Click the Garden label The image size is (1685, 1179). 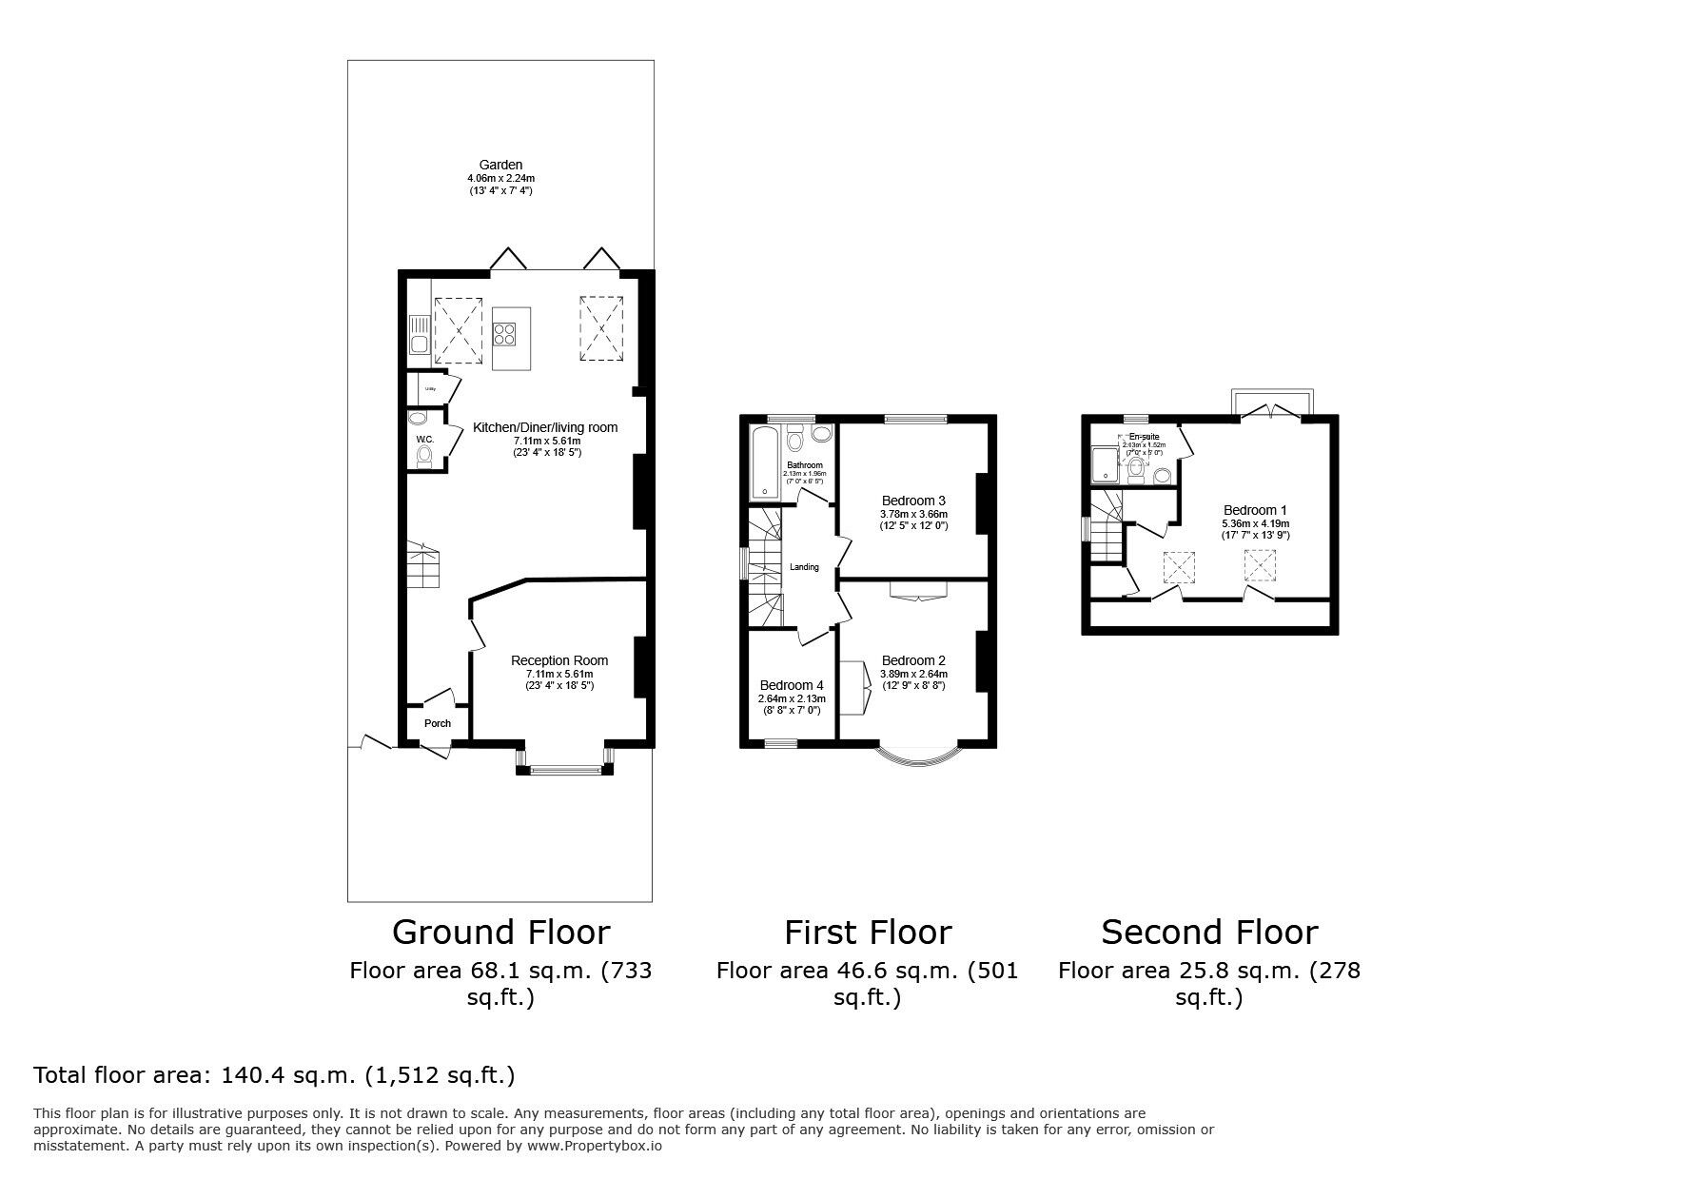pyautogui.click(x=500, y=165)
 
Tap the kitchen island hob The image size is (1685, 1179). pyautogui.click(x=505, y=334)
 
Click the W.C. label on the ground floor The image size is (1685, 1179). pyautogui.click(x=424, y=439)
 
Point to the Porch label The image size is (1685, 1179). pyautogui.click(x=438, y=723)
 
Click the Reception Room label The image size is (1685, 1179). pyautogui.click(x=558, y=660)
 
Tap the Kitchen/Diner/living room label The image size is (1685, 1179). pyautogui.click(x=545, y=427)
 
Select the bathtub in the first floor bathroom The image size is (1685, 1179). pyautogui.click(x=764, y=462)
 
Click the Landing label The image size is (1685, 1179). pyautogui.click(x=804, y=567)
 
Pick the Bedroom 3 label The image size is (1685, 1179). pyautogui.click(x=913, y=501)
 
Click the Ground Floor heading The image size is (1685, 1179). pyautogui.click(x=500, y=932)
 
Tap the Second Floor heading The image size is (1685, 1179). pyautogui.click(x=1209, y=932)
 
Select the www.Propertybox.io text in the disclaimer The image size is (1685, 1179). pyautogui.click(x=594, y=1146)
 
